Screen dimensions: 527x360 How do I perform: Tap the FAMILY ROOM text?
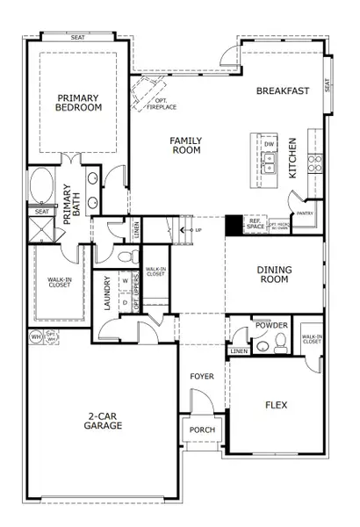(185, 145)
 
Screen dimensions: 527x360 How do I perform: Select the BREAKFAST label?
(283, 90)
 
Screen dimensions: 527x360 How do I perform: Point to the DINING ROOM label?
(273, 274)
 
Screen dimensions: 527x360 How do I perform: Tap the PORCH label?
(201, 430)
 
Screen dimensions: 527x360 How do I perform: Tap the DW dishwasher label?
(270, 143)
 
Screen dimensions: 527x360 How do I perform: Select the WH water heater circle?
(36, 336)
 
